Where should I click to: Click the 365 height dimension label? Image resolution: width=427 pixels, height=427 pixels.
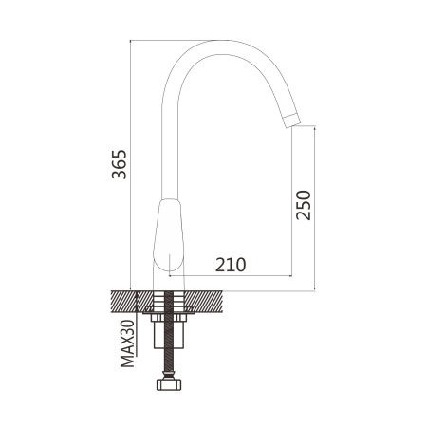click(119, 164)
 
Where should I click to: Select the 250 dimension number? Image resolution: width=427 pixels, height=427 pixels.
click(304, 205)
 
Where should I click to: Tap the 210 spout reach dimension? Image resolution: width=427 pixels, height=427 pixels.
click(231, 265)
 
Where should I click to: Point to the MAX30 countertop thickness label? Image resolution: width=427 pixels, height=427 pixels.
click(127, 343)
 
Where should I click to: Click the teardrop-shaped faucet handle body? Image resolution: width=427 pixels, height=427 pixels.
click(169, 235)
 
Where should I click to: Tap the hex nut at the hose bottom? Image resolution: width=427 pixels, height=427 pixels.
click(169, 384)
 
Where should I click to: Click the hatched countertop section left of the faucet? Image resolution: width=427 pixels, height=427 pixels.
click(132, 302)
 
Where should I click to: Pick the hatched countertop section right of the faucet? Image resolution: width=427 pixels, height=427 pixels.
click(203, 302)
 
